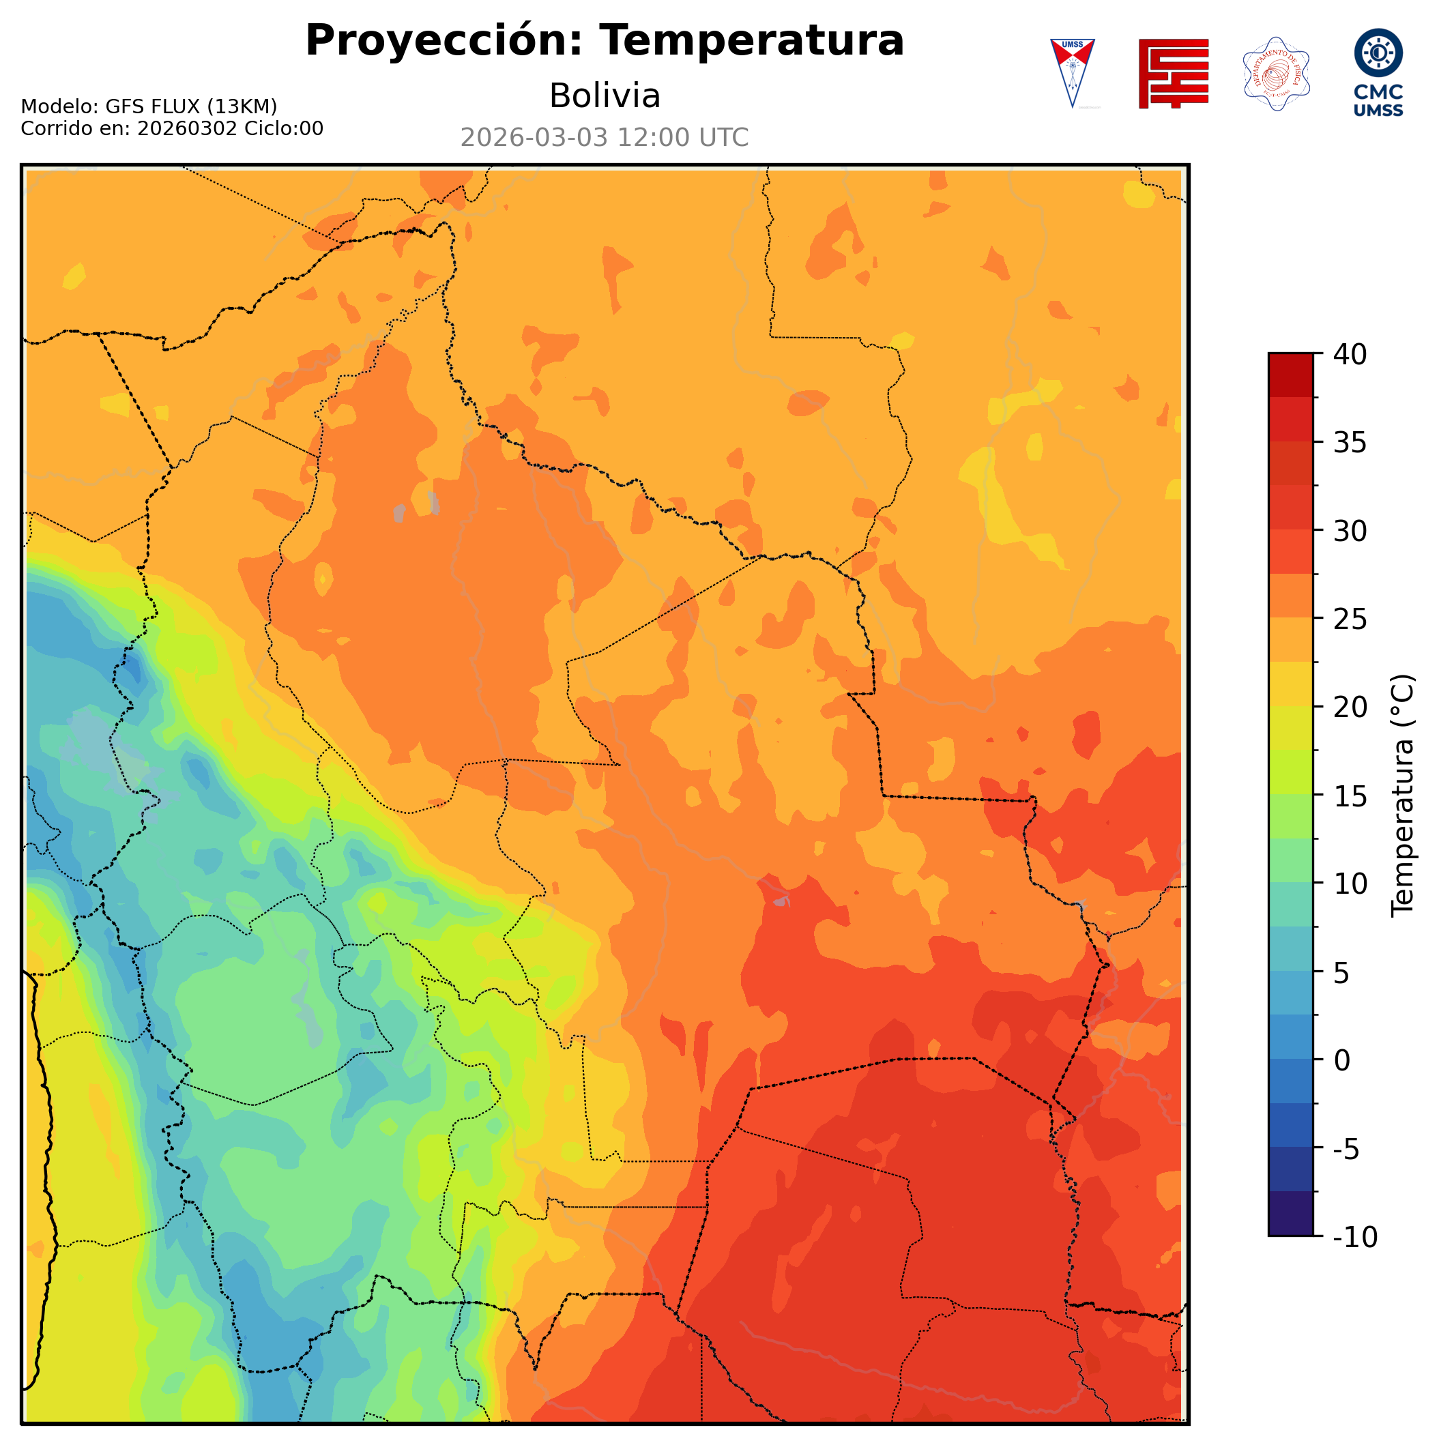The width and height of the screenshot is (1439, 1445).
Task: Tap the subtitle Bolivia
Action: click(x=605, y=96)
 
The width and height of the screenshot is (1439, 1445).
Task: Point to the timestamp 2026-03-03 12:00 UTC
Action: click(x=605, y=138)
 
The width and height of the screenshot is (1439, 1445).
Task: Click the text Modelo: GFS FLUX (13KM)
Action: click(x=149, y=107)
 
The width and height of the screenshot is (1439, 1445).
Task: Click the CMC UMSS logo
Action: click(x=1378, y=72)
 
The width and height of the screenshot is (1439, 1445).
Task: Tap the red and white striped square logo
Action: click(x=1173, y=73)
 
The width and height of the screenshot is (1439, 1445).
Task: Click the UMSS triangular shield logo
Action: click(x=1072, y=72)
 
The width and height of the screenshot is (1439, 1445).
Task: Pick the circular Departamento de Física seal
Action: click(x=1276, y=73)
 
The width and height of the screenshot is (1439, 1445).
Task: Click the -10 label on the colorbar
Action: click(x=1354, y=1238)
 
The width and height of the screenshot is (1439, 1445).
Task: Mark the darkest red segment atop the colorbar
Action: click(x=1290, y=375)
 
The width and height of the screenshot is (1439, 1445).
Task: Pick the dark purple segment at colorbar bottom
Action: click(x=1290, y=1214)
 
